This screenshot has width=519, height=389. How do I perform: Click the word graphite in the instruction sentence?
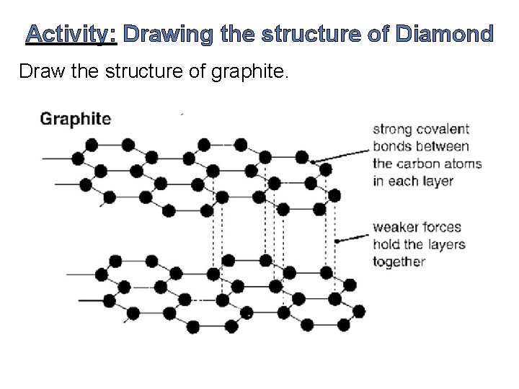[252, 72]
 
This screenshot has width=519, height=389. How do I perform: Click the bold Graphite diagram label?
[76, 119]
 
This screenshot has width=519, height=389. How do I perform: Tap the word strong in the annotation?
[390, 130]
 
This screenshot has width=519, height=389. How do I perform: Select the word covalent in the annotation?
[443, 130]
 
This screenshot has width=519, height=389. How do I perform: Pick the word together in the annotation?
[399, 262]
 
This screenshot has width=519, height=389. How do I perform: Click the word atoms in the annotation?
[463, 164]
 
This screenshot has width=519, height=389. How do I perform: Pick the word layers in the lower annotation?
[447, 245]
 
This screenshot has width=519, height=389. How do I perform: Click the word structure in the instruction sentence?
[146, 72]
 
